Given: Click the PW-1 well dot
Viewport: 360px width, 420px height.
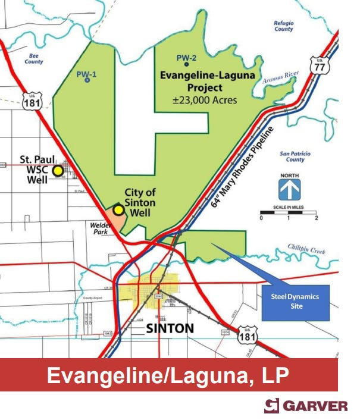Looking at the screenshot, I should [87, 80].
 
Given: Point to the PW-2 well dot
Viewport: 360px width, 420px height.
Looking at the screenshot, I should [187, 64].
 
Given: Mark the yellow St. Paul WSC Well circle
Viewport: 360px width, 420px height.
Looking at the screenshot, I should [58, 171].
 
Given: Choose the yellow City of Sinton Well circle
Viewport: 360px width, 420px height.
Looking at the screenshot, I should [119, 209].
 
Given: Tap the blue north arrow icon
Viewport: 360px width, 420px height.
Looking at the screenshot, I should [290, 190].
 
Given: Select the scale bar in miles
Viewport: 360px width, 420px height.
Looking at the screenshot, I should [289, 212].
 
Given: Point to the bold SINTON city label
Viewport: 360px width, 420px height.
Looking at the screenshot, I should [170, 328].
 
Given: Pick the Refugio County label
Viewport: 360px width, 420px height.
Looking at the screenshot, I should [283, 26].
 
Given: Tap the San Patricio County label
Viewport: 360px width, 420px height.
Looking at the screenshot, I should [295, 156].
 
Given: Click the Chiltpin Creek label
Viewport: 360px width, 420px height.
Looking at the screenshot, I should [306, 249].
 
